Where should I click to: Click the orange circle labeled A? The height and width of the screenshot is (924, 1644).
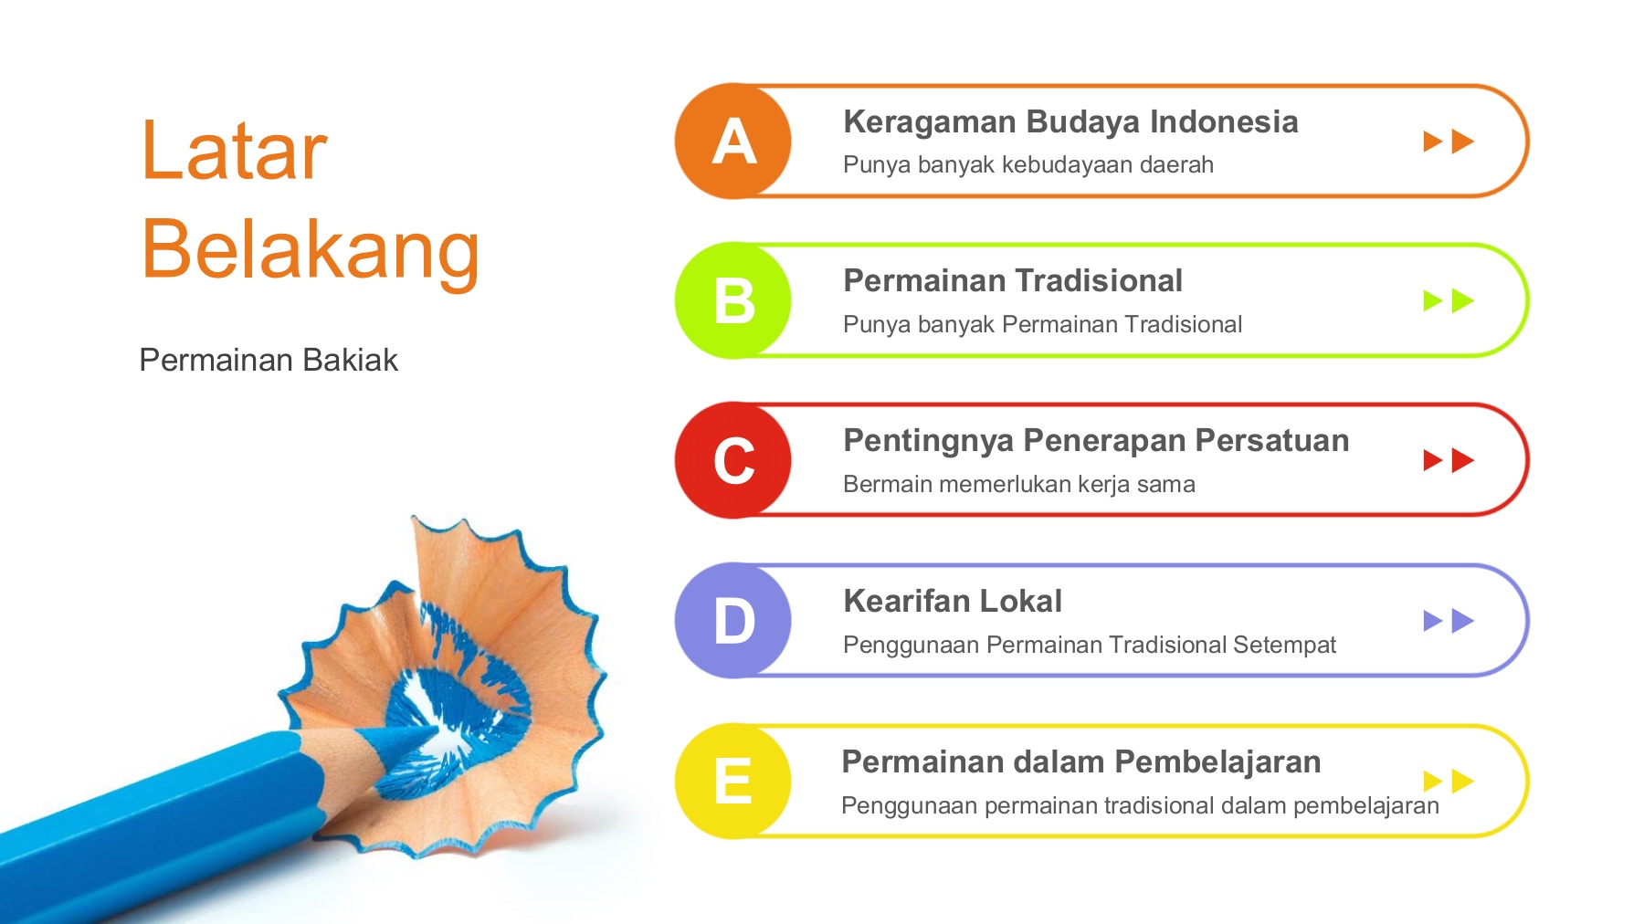pos(732,141)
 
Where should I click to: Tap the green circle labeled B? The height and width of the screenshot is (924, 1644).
pos(732,300)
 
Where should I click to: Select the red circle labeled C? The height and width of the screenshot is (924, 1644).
pos(732,460)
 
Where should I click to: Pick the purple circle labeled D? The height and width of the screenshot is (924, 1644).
pos(732,621)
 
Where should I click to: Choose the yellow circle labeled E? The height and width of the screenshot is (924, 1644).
pos(732,781)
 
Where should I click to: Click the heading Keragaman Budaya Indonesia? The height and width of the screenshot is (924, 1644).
pos(1070,122)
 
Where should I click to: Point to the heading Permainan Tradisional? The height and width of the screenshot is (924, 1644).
pos(1013,281)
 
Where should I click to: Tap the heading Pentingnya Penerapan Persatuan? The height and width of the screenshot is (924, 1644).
pos(1096,441)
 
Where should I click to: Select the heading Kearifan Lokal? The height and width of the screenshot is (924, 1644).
pos(953,601)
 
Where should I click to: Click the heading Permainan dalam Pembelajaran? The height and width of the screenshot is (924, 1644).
pos(1081,761)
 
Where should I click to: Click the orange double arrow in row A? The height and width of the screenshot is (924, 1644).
pos(1449,142)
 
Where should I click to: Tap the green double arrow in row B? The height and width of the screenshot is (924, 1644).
pos(1449,300)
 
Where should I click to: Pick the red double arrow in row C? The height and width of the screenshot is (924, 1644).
pos(1449,460)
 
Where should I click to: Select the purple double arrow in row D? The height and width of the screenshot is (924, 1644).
pos(1449,621)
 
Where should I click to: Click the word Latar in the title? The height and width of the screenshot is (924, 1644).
pos(234,151)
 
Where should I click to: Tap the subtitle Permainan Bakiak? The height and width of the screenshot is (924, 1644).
pos(269,361)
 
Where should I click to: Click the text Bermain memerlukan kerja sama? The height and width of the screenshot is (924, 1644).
pos(1019,484)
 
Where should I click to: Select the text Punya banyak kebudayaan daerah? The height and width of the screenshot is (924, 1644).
pos(1028,165)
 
